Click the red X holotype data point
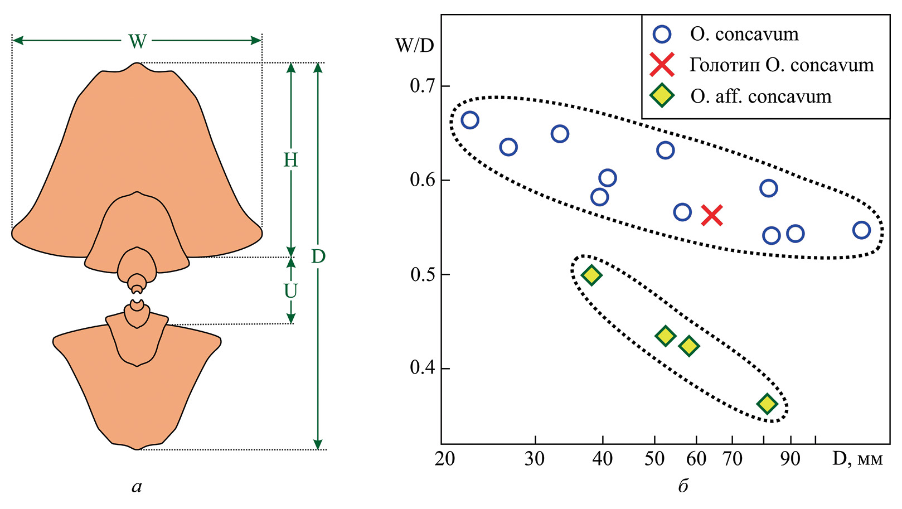pos(712,215)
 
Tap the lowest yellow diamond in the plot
pos(767,404)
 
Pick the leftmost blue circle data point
pos(470,120)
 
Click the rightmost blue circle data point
pos(861,230)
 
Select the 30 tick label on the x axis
pos(535,459)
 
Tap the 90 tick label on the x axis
pos(790,459)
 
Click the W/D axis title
pos(414,46)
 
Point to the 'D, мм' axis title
pos(857,459)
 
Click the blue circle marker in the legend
pos(662,35)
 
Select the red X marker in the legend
pos(662,65)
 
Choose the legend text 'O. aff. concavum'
pos(761,96)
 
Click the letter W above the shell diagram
pos(137,41)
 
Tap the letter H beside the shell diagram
pos(290,160)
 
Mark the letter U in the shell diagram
pos(290,290)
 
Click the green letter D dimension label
pos(318,256)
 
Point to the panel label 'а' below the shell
pos(137,487)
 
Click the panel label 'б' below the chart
pos(683,486)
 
